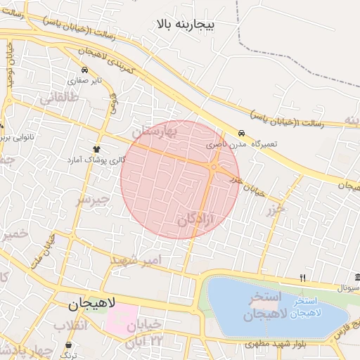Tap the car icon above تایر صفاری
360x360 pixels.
tap(85, 70)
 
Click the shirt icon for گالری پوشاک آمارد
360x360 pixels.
tap(96, 149)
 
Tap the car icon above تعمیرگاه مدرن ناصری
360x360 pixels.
tap(242, 133)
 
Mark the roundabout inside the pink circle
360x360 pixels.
tap(213, 167)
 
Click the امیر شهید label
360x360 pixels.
tap(136, 260)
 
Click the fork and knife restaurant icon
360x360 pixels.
tap(302, 278)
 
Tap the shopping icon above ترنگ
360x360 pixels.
tap(68, 345)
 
